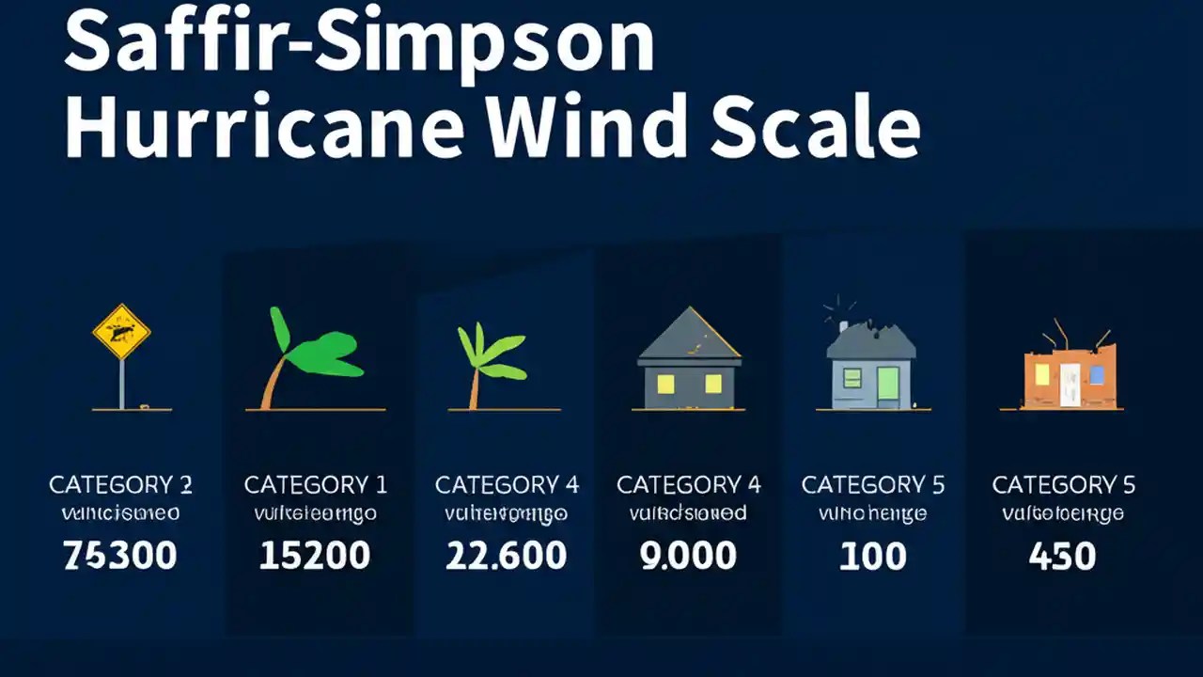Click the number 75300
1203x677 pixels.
point(119,556)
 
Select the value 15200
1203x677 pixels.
point(314,556)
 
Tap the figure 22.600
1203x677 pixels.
point(506,556)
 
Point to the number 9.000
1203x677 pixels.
point(689,556)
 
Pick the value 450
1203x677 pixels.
point(1062,556)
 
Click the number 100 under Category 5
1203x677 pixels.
point(873,556)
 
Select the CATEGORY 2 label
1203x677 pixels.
point(120,485)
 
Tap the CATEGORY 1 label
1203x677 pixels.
point(315,485)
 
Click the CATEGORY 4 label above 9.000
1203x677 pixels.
point(688,485)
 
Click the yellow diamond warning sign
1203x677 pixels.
point(121,331)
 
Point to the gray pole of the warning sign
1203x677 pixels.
point(121,384)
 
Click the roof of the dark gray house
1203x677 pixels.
point(690,338)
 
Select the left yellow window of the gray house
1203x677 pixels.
point(666,383)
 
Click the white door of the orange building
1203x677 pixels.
point(1070,386)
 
